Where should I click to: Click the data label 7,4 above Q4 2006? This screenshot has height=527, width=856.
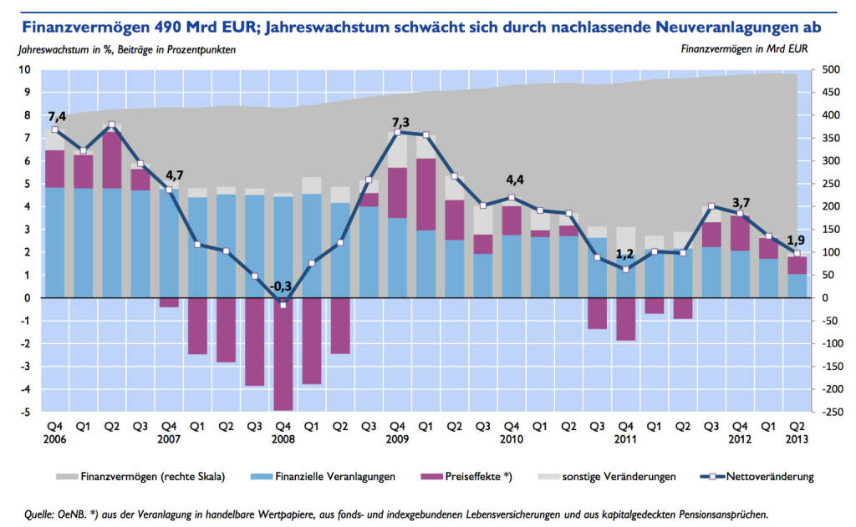click(x=58, y=114)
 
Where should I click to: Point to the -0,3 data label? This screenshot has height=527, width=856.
click(x=281, y=287)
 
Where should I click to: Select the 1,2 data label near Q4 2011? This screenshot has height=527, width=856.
click(x=625, y=254)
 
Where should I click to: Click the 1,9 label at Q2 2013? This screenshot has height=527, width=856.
click(x=795, y=240)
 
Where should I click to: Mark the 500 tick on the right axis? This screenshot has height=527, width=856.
click(x=831, y=69)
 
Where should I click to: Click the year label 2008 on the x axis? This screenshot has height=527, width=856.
click(x=283, y=439)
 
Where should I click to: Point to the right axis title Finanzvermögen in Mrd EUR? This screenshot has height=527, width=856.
click(x=746, y=49)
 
